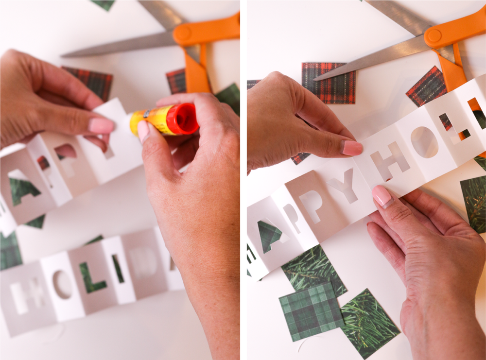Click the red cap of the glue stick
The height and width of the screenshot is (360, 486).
coord(183,120)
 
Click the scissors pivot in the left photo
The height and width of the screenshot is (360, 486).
coord(184,34)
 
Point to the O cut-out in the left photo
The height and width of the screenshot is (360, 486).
coord(62,285)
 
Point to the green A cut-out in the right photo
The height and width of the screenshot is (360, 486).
coord(271,236)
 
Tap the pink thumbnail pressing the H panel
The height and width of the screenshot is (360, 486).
coord(352,148)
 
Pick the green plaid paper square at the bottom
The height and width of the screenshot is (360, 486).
coord(311,310)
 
